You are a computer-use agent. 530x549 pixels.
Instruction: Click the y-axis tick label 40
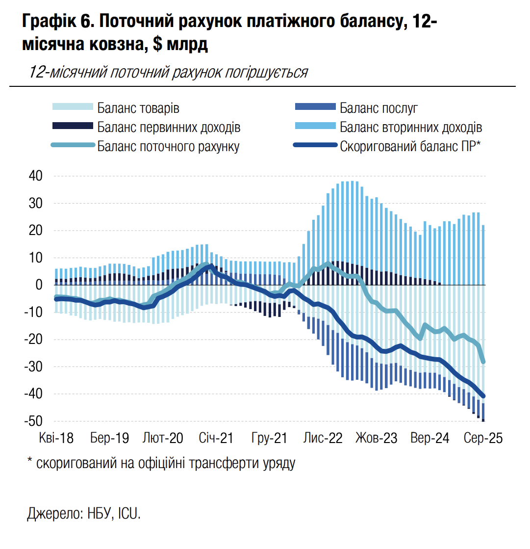pos(35,176)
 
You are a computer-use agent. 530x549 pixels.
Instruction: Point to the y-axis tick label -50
pos(33,421)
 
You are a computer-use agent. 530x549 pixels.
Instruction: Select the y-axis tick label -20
pos(33,340)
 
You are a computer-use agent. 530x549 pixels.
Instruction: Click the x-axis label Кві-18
pos(55,439)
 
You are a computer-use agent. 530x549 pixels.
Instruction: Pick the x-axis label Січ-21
pos(215,439)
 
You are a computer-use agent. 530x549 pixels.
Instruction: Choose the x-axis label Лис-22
pos(323,439)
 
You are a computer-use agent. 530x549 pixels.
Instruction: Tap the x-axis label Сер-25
pos(483,439)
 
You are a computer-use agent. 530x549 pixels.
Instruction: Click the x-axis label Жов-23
pos(376,439)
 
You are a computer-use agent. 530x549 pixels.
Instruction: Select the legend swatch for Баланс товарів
pos(72,107)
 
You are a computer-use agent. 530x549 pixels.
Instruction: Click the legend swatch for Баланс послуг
pos(315,107)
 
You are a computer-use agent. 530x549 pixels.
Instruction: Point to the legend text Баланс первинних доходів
pos(169,127)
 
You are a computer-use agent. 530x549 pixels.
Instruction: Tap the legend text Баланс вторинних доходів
pos(411,127)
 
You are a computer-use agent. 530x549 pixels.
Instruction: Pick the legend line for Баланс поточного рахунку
pos(72,146)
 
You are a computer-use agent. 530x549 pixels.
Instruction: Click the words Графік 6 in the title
pos(54,22)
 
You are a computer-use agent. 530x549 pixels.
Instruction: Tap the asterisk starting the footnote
pos(29,461)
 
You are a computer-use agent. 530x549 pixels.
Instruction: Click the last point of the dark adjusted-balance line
pos(483,396)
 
